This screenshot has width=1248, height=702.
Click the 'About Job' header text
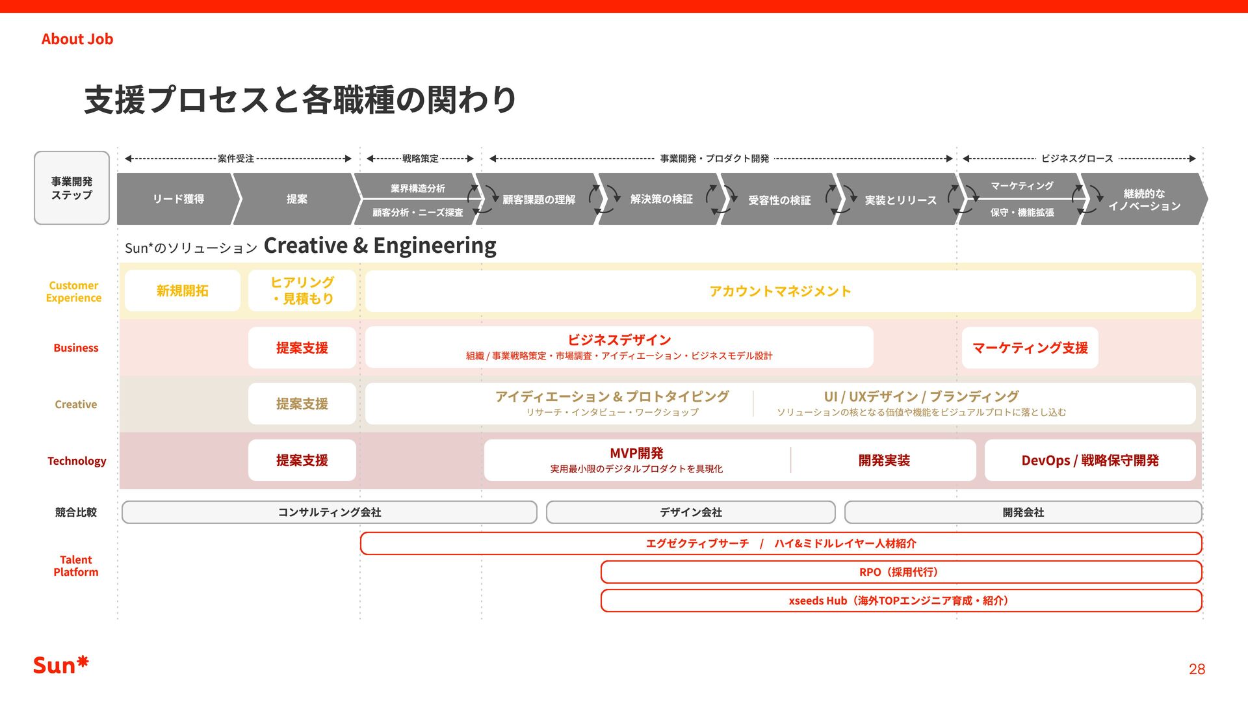(77, 39)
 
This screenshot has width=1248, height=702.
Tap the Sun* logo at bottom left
(60, 665)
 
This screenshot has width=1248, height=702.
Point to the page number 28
(1197, 669)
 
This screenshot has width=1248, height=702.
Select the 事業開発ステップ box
(71, 188)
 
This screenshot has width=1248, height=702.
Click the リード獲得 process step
(178, 199)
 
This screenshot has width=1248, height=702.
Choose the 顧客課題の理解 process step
(538, 200)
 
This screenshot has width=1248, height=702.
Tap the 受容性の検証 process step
(779, 200)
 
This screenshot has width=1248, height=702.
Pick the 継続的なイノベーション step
(1144, 200)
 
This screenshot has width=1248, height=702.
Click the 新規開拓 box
(182, 291)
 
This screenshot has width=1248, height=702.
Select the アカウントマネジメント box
(780, 291)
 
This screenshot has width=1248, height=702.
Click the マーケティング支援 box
(1030, 348)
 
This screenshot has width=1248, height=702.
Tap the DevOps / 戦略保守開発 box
(1090, 460)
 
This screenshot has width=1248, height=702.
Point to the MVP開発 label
(636, 453)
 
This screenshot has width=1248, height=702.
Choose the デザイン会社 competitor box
(690, 512)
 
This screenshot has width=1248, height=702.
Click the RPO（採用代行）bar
(901, 572)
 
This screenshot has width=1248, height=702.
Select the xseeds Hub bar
(901, 601)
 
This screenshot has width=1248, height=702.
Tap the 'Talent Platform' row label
(76, 565)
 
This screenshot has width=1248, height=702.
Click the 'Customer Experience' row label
(73, 291)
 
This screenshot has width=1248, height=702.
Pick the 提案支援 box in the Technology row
(302, 460)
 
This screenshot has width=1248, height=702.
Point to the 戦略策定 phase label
(420, 159)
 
